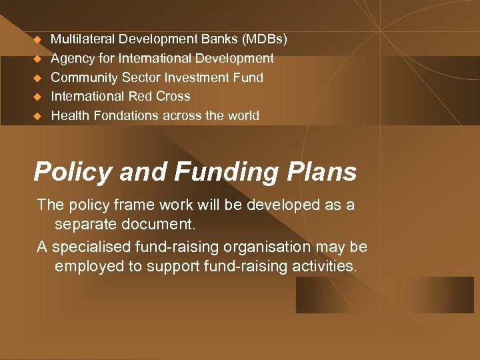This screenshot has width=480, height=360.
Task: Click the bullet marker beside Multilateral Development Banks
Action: [x=38, y=40]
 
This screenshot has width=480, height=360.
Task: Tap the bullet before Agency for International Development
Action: [x=38, y=59]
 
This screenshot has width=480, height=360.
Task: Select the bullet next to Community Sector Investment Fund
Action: [x=38, y=78]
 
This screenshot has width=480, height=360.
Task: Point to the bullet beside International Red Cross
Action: [x=38, y=97]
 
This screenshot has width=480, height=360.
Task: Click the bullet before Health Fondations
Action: [x=38, y=116]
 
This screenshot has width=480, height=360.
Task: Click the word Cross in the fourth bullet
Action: [x=173, y=96]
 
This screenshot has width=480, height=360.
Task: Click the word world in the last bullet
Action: [x=243, y=115]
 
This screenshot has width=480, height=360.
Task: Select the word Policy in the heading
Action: [x=73, y=172]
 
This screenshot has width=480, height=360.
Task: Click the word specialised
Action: [x=89, y=247]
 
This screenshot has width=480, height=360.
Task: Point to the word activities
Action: [x=325, y=267]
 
